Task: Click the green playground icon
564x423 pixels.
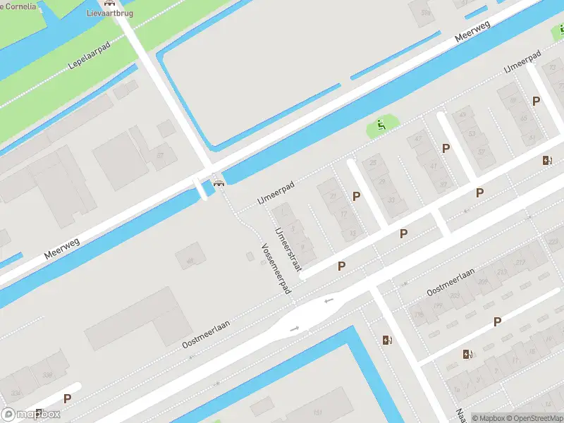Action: tap(381, 125)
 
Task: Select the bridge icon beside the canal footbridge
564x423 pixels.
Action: tap(219, 183)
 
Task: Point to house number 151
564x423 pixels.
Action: tap(318, 412)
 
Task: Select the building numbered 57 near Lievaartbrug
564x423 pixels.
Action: tap(161, 155)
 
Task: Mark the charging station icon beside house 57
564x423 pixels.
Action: tap(547, 160)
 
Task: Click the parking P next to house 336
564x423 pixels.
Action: tap(67, 398)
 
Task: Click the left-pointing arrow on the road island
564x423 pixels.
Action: tap(328, 301)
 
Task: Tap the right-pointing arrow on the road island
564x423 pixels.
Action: tap(295, 328)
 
